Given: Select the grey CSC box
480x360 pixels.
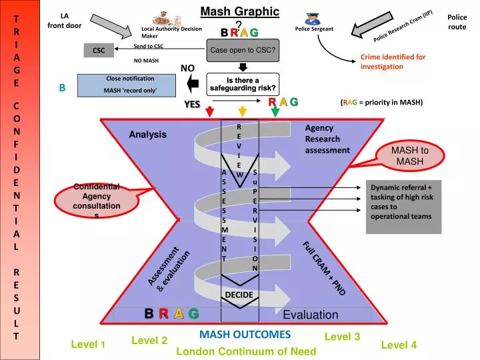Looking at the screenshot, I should click(99, 51).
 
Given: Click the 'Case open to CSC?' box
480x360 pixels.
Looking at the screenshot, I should click(243, 50).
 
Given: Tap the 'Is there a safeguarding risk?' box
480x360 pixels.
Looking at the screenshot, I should click(243, 84).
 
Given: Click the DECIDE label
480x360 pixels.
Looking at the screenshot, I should click(239, 295).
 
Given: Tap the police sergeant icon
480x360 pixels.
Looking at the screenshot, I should click(313, 18).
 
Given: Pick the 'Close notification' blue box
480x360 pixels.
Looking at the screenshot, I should click(129, 85).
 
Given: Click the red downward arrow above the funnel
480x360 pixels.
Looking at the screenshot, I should click(210, 111).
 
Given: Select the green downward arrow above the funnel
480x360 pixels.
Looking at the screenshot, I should click(275, 111).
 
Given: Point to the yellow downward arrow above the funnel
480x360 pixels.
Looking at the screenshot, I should click(243, 111).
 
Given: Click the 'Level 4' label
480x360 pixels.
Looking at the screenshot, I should click(399, 345).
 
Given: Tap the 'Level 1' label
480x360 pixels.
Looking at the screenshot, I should click(88, 344).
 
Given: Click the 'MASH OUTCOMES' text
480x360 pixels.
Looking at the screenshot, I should click(245, 334).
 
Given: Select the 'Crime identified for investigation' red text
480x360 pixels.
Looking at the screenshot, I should click(393, 61).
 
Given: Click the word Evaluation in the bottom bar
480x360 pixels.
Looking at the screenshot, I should click(311, 315).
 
